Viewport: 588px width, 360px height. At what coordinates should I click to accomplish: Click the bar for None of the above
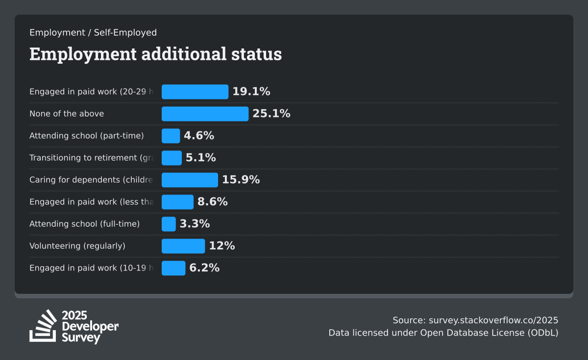(205, 114)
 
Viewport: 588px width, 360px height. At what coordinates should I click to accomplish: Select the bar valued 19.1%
(195, 92)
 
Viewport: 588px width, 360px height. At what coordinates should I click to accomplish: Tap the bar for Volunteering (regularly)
(183, 246)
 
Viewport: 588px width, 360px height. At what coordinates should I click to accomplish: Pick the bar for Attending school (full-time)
(169, 224)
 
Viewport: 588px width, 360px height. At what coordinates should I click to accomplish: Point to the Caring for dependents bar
(190, 180)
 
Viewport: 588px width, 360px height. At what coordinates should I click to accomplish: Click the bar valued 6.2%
(173, 268)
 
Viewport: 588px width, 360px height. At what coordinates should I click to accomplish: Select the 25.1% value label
(271, 114)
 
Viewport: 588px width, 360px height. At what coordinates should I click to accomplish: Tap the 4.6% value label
(199, 136)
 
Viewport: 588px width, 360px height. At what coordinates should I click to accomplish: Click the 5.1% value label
(201, 158)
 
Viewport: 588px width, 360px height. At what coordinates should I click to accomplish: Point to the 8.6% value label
(213, 202)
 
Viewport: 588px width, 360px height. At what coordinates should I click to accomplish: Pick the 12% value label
(222, 246)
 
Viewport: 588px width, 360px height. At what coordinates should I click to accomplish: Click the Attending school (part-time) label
(87, 136)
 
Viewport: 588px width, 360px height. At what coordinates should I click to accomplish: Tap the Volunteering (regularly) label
(77, 246)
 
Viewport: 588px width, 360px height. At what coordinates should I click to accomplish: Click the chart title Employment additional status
(155, 54)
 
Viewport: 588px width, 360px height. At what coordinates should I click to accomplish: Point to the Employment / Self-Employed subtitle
(93, 33)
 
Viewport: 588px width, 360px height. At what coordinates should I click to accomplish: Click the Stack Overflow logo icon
(43, 326)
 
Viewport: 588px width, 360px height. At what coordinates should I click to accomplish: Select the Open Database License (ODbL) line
(443, 333)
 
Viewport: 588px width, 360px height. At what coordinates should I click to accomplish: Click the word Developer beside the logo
(90, 327)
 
